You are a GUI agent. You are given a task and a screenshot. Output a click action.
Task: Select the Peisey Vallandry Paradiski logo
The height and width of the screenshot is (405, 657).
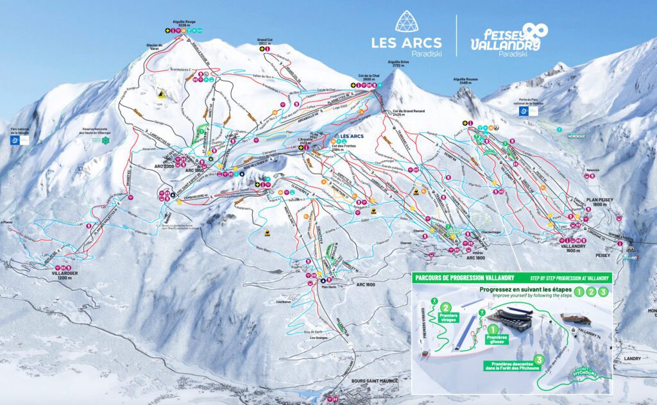506,40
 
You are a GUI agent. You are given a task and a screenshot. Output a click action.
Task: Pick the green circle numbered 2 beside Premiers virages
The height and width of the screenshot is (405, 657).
445,308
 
